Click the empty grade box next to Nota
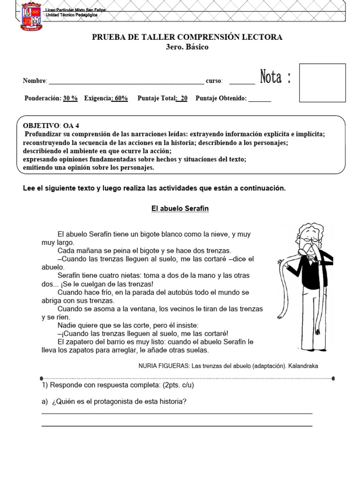[322, 82]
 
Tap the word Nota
[271, 77]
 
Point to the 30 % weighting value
[70, 98]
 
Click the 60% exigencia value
[120, 98]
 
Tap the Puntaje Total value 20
[183, 98]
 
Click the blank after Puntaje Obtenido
[259, 99]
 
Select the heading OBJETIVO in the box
[41, 126]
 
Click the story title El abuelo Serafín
[180, 209]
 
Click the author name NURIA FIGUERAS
[164, 366]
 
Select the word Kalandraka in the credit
[302, 366]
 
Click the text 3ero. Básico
[187, 47]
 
